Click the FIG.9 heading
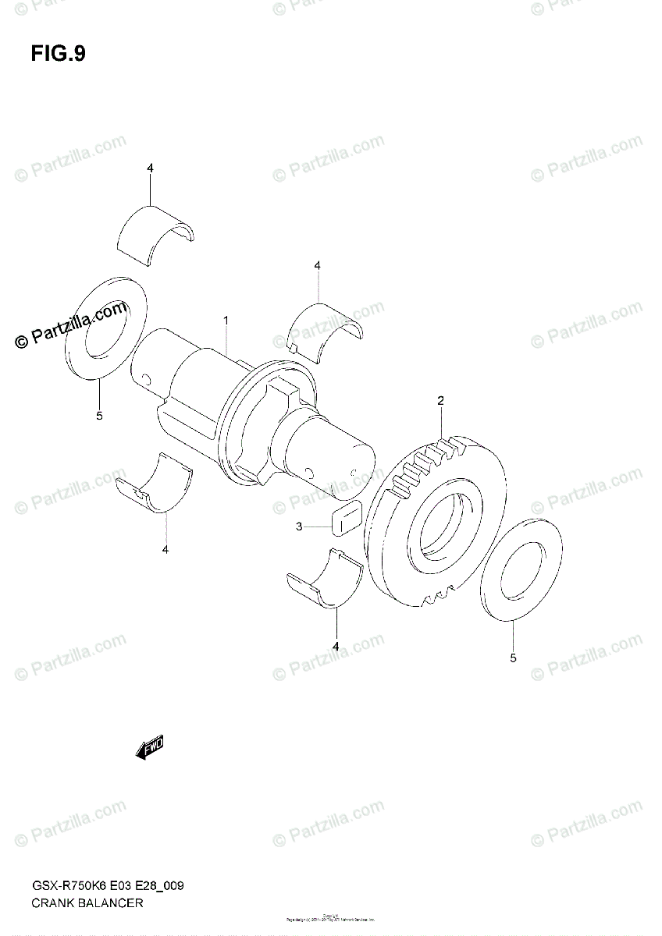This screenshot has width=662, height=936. point(59,54)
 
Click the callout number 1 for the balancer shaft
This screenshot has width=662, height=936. point(226,321)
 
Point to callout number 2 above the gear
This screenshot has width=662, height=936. point(440,401)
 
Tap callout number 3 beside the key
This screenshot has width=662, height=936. point(299,527)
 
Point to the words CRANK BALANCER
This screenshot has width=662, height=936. point(87,903)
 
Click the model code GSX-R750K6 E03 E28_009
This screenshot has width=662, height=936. point(108,886)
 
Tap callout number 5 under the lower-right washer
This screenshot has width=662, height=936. point(513,658)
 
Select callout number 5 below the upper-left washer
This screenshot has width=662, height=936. point(99,417)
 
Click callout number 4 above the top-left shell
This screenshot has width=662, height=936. point(150,168)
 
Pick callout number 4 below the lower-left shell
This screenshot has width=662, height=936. point(165,551)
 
